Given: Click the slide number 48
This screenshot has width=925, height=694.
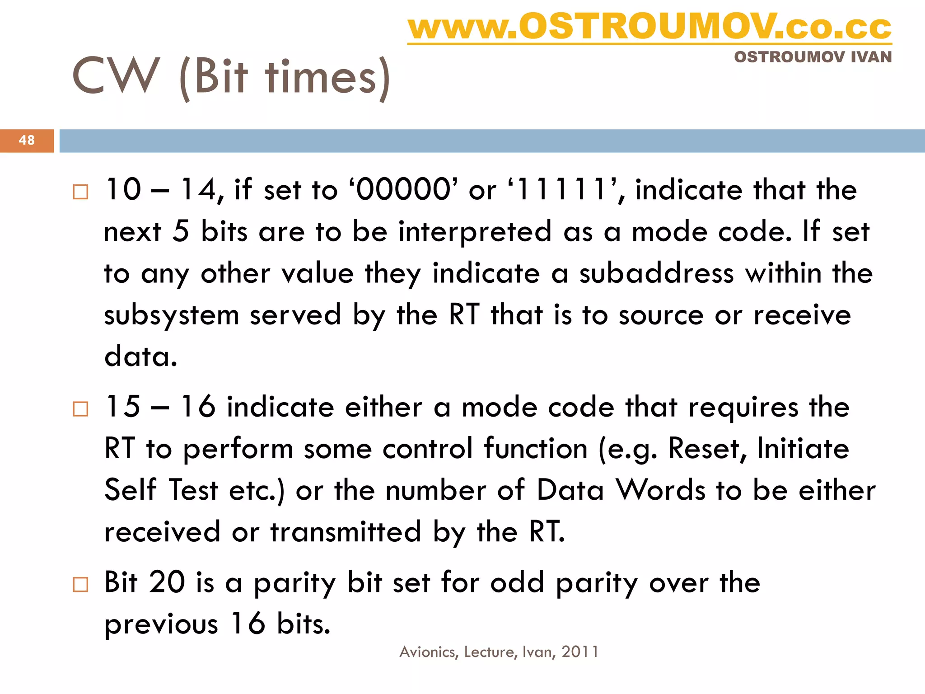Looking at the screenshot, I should [27, 140].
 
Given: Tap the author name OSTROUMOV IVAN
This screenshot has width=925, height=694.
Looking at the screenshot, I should [813, 57].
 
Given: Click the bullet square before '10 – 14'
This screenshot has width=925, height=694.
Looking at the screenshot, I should [80, 192].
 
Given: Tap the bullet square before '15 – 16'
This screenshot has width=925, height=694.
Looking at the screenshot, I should [80, 409].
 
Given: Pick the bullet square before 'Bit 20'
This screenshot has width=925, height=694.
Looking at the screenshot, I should [80, 585].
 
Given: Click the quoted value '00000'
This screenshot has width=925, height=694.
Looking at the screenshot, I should [403, 189].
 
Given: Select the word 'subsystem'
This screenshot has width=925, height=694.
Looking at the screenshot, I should [171, 315].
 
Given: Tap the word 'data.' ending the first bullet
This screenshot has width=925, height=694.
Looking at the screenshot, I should [141, 356].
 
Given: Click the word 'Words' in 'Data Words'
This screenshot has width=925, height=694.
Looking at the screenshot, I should [661, 490].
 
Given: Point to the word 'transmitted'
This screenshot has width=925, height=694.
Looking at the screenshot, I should [346, 532].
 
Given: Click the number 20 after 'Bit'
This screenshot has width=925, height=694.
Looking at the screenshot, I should [167, 582].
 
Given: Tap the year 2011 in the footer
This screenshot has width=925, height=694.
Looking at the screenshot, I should [580, 652].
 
